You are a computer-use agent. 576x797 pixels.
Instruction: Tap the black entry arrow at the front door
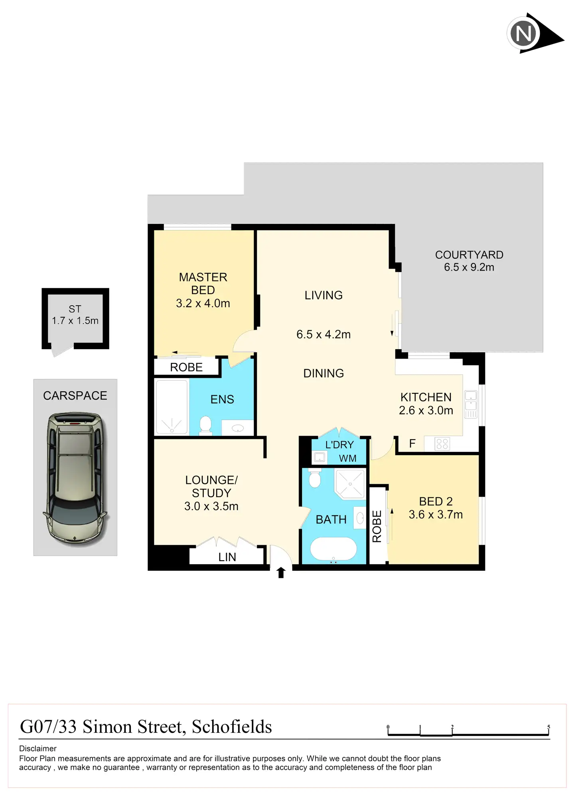pos(281,572)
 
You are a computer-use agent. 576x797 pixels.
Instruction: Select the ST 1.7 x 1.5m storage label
pos(75,315)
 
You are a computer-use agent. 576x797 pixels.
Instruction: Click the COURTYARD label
pos(469,255)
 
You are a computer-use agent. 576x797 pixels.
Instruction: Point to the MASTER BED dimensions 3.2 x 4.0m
pos(203,303)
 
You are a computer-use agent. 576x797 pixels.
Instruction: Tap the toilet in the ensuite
pos(205,425)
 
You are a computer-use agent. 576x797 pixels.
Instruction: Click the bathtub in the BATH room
pos(333,549)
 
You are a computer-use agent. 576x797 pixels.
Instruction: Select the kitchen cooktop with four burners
pos(442,444)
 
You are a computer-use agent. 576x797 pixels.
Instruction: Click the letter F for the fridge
pos(412,444)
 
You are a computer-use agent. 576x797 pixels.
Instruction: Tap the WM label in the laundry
pos(347,458)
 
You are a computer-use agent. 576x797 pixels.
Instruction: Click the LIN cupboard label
pos(227,557)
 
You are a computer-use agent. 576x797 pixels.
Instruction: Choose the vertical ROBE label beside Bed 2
pos(377,526)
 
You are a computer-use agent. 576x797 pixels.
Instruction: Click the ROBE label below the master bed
pos(186,367)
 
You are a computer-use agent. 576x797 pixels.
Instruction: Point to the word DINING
pos(324,373)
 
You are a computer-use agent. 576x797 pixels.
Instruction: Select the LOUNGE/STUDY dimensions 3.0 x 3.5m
pos(211,506)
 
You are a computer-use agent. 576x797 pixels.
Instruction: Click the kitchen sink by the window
pos(471,400)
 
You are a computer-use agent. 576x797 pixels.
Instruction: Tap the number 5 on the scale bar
pos(548,727)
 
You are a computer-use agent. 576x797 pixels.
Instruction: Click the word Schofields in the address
pos(232,727)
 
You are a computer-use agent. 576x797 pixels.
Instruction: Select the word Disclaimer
pos(38,748)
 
